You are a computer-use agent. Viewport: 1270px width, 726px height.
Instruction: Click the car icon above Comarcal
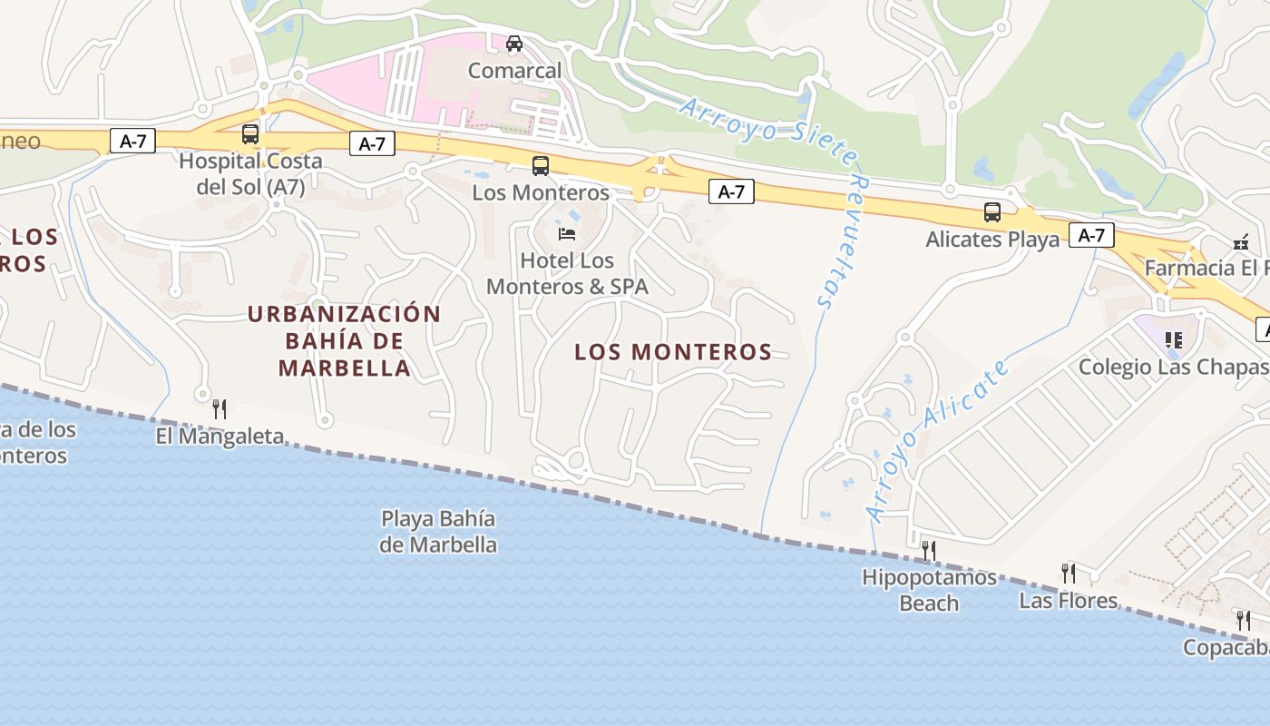(514, 43)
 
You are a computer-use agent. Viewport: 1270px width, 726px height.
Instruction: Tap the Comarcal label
(514, 71)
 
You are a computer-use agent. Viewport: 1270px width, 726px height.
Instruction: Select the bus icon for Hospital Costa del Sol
(250, 134)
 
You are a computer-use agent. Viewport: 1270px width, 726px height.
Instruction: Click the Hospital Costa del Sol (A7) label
(250, 174)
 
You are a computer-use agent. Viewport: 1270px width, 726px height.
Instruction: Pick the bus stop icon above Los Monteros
(541, 165)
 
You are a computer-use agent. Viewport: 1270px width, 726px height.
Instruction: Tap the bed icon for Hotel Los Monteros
(567, 234)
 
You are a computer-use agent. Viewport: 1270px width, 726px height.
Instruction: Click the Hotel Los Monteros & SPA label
(567, 274)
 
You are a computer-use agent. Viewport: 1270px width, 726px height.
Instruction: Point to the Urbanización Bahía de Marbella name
(345, 341)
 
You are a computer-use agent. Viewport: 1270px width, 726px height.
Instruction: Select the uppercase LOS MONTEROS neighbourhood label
(673, 352)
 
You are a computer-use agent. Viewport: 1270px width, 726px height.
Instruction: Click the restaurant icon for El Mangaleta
(219, 408)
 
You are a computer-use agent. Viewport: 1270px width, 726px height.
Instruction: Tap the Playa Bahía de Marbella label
(438, 532)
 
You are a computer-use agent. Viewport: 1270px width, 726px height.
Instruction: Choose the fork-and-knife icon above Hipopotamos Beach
(928, 550)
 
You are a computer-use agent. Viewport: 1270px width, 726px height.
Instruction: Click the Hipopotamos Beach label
(929, 590)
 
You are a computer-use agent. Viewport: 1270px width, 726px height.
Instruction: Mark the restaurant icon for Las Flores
(1069, 573)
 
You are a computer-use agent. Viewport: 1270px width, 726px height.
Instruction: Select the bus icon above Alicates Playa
(992, 212)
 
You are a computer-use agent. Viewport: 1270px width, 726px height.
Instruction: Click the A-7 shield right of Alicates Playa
(1091, 235)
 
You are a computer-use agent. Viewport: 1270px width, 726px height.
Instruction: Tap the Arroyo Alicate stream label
(939, 440)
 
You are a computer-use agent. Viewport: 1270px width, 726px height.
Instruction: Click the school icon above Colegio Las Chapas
(1174, 340)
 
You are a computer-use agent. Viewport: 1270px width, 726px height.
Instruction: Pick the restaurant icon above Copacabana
(1243, 621)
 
